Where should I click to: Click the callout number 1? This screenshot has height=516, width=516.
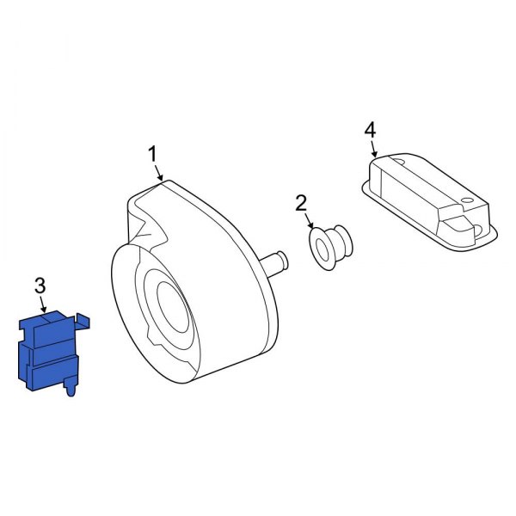[152, 155]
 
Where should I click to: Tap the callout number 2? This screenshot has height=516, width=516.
[301, 204]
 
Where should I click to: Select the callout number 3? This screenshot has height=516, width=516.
[39, 285]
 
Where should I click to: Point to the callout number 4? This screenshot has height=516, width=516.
[370, 130]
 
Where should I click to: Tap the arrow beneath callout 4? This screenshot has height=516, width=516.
[374, 150]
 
